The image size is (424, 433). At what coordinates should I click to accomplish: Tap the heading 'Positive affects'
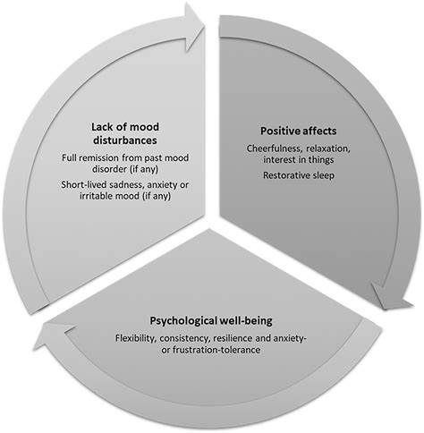(285, 129)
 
